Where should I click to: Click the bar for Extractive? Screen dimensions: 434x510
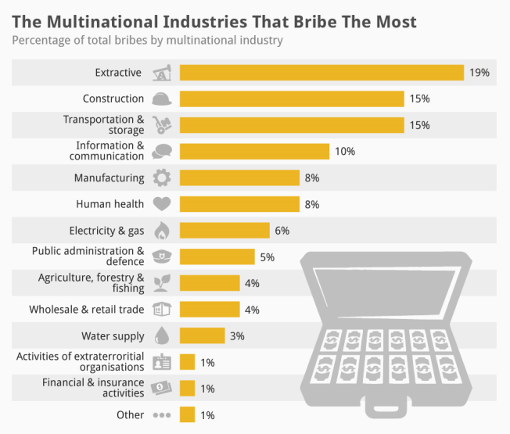[x=321, y=73]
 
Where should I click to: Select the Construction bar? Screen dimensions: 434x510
[x=292, y=99]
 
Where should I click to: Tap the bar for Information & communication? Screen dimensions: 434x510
[x=254, y=152]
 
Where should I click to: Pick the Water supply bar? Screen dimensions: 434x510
[x=202, y=336]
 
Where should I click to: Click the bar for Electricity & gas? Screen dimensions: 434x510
[x=224, y=231]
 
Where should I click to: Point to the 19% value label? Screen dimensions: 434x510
[x=479, y=73]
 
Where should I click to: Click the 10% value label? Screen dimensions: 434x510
[x=345, y=152]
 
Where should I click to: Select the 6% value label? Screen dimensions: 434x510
[x=282, y=231]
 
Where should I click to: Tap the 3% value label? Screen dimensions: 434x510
[x=237, y=336]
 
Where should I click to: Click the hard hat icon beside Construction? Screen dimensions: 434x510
[x=161, y=99]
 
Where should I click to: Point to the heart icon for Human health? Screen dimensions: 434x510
[x=161, y=204]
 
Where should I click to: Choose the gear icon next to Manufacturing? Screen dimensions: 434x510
[x=161, y=178]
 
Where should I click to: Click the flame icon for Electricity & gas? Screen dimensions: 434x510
[x=161, y=231]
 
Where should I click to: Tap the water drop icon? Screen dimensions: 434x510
[x=161, y=336]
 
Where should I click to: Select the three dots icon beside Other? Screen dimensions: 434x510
[x=161, y=415]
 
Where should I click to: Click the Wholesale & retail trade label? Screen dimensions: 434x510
[x=87, y=310]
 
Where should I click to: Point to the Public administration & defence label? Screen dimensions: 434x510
[x=88, y=256]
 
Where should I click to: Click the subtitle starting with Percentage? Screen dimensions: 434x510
[x=147, y=40]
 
